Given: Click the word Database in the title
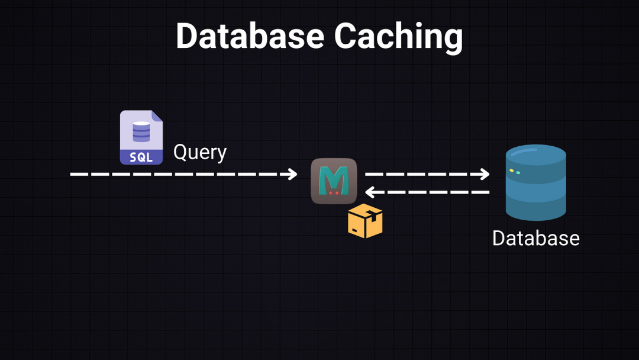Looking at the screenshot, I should coord(250,36).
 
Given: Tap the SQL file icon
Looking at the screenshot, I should coord(141,137).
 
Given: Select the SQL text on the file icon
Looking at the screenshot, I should coord(141,157).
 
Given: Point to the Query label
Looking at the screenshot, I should coord(200,152).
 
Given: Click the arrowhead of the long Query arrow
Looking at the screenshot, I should coord(292,174).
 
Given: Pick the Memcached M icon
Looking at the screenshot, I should coord(334,181).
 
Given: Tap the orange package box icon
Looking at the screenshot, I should coord(365,221).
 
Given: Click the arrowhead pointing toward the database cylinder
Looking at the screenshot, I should coord(485,174).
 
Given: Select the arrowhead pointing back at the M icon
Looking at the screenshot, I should coord(370,192).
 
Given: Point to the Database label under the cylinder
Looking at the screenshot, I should coord(535,238).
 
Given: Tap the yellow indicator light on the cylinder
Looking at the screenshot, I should coord(511,171).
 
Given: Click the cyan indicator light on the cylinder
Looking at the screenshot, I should coord(518,173).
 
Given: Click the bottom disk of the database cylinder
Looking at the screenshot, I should coord(535,207).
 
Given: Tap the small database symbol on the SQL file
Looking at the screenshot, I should coord(141,131).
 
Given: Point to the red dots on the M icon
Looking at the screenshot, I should coord(334,192).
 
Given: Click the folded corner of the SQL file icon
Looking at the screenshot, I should coord(157,116).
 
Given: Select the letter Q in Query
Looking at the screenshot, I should coord(180,152).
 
